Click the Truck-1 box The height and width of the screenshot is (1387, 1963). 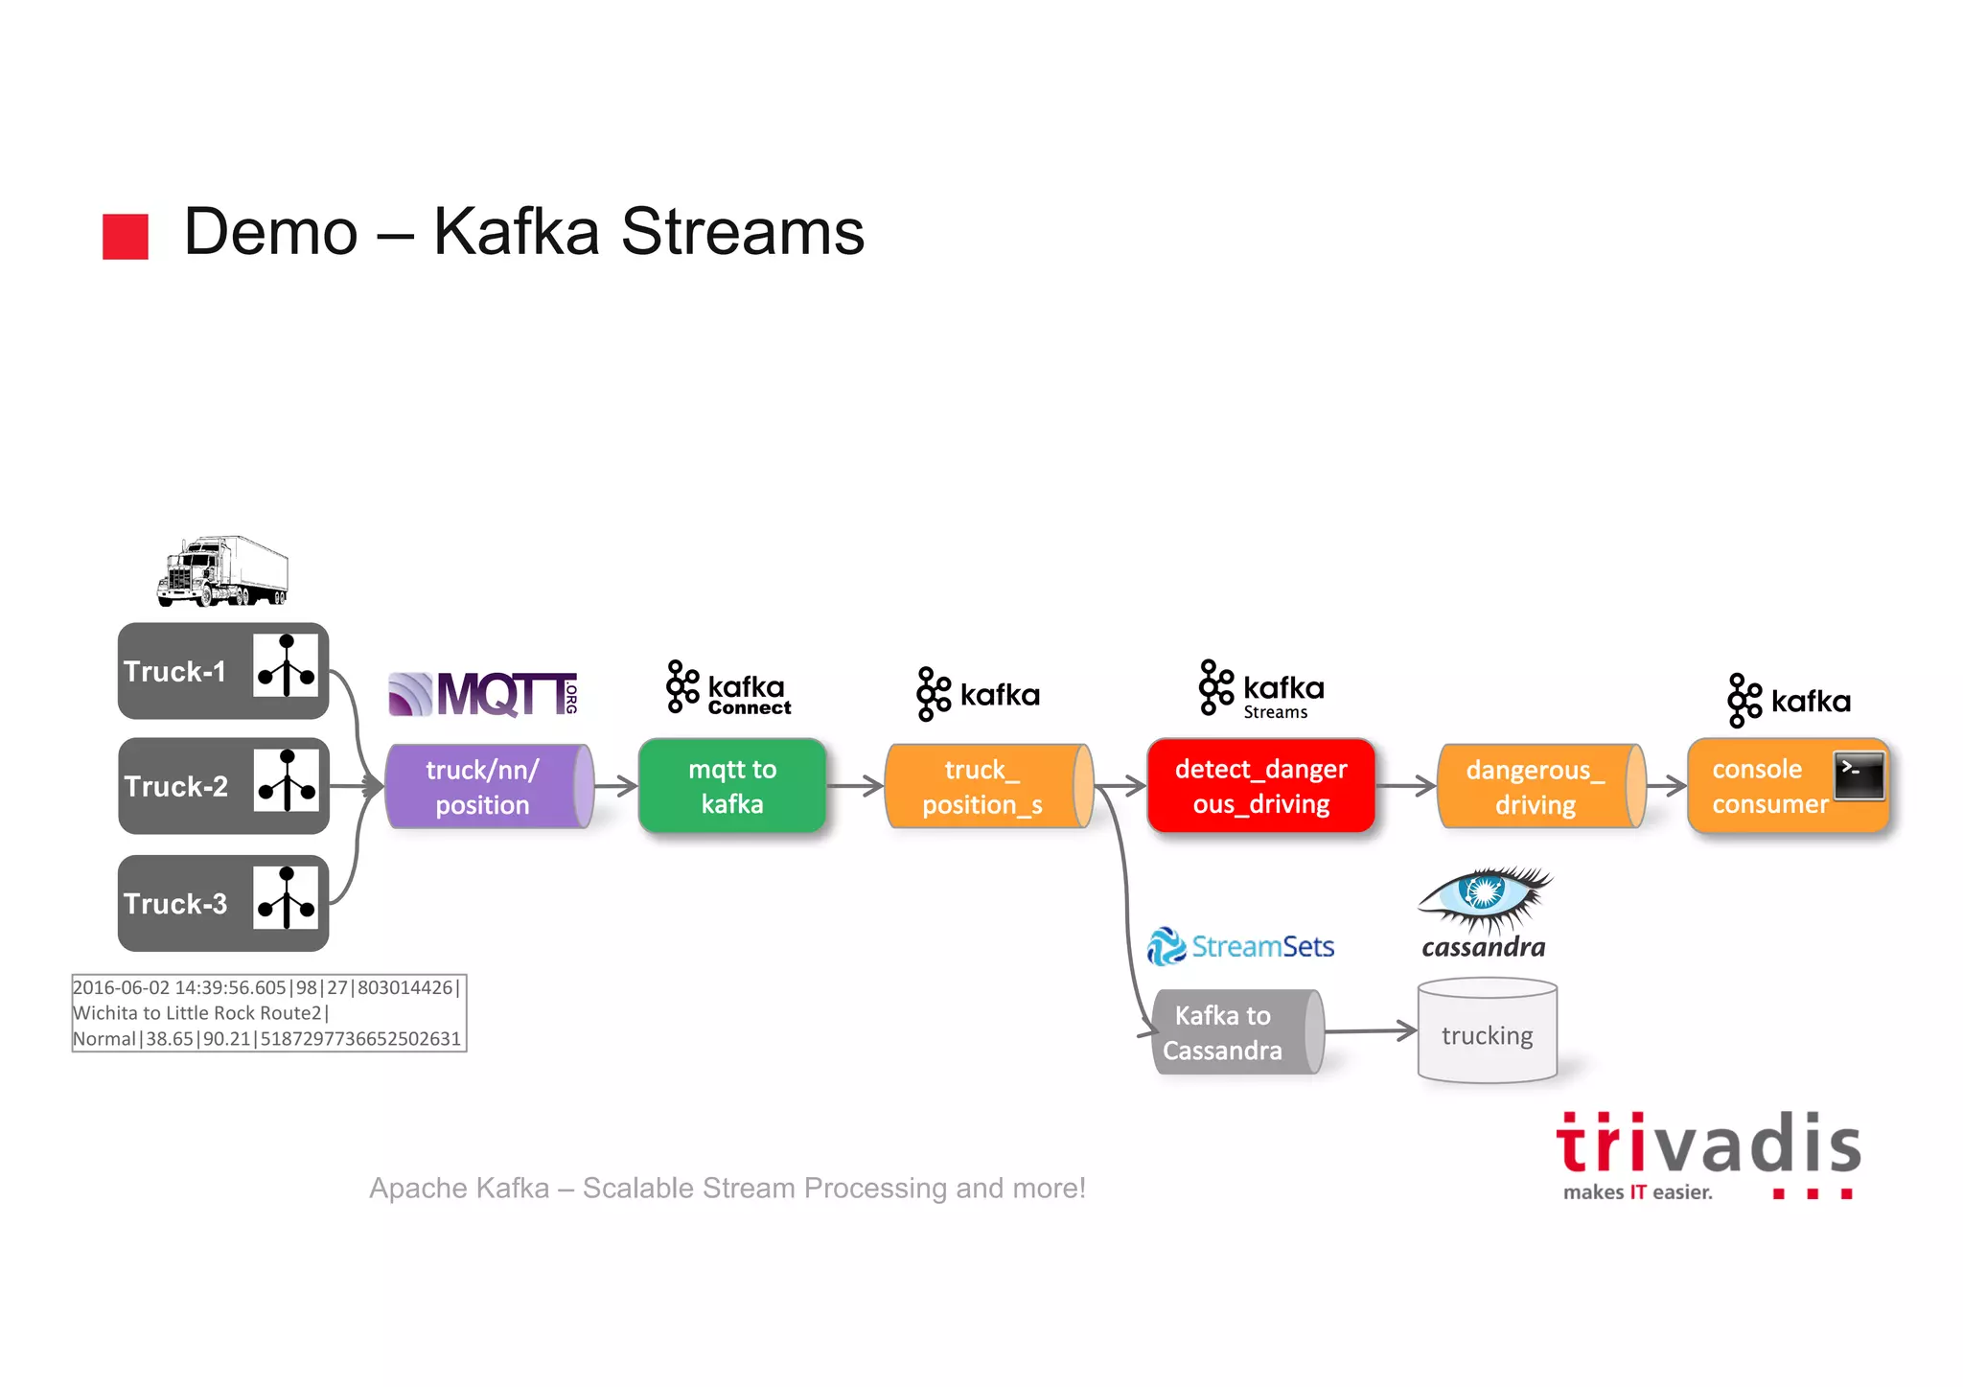[x=222, y=671]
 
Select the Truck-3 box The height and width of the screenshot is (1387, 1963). [x=222, y=903]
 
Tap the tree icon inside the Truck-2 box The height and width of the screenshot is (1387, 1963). [x=286, y=781]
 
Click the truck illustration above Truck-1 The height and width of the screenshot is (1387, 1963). [x=223, y=571]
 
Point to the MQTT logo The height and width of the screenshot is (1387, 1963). [x=483, y=694]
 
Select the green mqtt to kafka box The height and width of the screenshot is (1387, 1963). [x=732, y=786]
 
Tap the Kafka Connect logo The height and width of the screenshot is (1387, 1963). [x=728, y=688]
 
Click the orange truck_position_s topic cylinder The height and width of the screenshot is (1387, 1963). [x=987, y=786]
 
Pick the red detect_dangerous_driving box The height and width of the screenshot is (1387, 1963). [x=1260, y=786]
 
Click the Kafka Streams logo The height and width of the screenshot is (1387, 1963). [x=1261, y=689]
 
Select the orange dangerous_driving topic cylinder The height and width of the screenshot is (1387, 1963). [x=1540, y=786]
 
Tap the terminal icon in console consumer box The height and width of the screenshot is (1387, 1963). [x=1859, y=775]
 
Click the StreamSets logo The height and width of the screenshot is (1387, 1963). [x=1240, y=946]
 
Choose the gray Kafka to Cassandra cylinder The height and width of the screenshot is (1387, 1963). [x=1236, y=1032]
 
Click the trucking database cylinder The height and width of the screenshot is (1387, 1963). [x=1487, y=1032]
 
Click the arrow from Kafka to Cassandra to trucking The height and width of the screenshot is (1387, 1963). [x=1371, y=1031]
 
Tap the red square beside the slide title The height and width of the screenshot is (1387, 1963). [x=126, y=236]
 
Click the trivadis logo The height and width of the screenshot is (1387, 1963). [x=1708, y=1154]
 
